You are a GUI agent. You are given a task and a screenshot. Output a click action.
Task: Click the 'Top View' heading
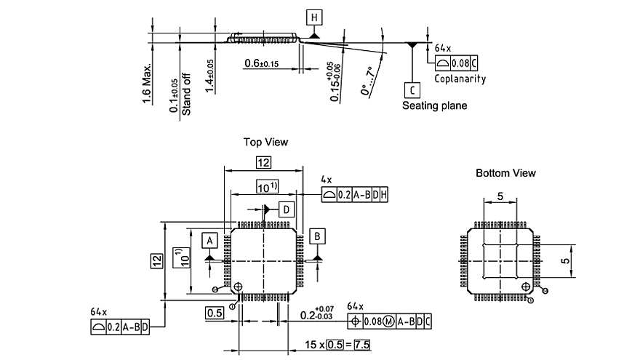tap(265, 142)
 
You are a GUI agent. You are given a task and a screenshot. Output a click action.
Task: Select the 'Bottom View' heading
tap(505, 173)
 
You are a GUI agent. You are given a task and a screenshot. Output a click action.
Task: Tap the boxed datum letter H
tap(314, 17)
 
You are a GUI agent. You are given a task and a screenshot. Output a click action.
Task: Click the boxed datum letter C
tap(412, 89)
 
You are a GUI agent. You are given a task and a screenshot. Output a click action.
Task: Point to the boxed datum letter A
tap(209, 239)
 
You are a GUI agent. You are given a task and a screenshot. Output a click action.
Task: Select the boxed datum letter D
tap(287, 209)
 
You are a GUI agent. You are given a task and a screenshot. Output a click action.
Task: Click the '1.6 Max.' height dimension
tap(147, 84)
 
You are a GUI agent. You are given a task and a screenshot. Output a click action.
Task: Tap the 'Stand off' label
tap(186, 97)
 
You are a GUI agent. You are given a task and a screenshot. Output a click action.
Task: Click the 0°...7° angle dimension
tap(367, 81)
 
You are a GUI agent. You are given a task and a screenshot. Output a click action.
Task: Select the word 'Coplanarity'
tap(460, 79)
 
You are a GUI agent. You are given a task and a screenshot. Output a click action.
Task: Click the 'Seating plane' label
tap(435, 105)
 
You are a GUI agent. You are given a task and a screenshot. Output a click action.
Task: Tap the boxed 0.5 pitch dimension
tap(214, 313)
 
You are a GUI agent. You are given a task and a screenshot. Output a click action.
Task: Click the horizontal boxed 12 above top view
tap(263, 162)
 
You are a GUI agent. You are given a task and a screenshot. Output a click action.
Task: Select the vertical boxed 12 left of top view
tap(156, 260)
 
